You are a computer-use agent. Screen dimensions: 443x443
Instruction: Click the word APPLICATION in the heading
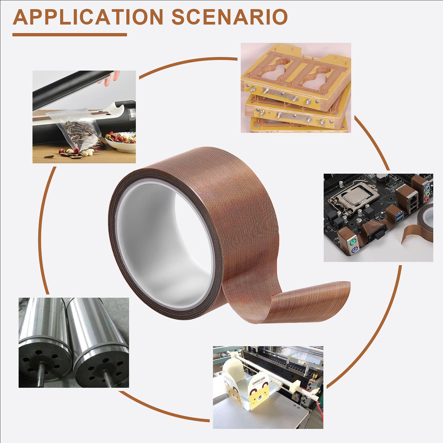pos(88,17)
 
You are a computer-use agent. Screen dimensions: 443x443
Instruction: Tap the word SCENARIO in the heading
pos(229,17)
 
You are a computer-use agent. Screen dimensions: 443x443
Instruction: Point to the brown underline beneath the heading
pos(69,35)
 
